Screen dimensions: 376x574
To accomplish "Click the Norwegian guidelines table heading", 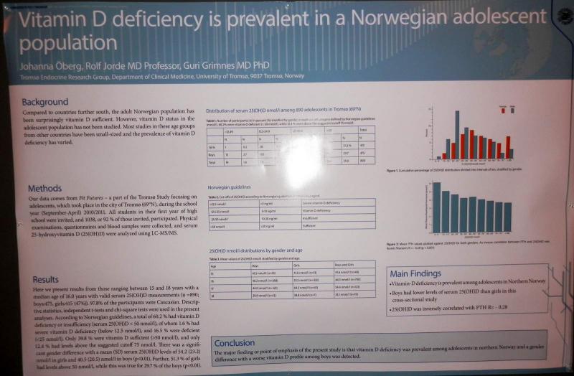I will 230,188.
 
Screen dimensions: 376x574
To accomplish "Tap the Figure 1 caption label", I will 396,171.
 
